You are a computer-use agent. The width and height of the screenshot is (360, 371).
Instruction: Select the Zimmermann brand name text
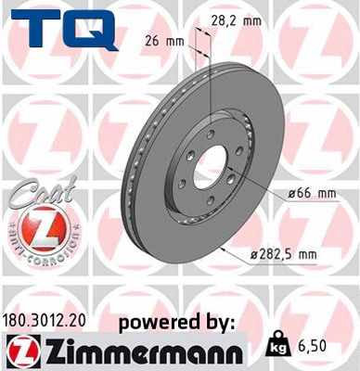click(x=135, y=352)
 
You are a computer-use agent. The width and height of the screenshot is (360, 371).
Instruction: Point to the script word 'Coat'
click(x=35, y=196)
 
